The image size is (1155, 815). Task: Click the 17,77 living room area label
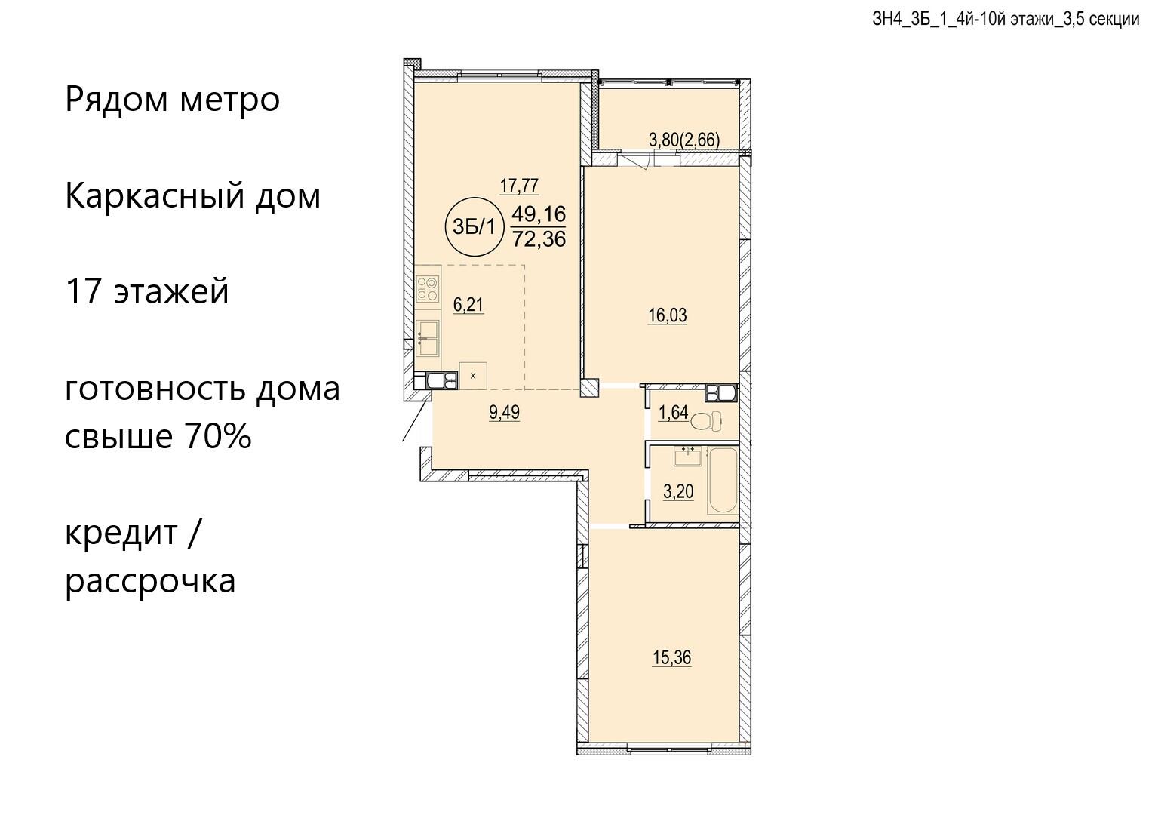519,185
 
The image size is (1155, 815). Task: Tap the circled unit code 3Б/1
473,227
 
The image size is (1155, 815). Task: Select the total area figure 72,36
539,238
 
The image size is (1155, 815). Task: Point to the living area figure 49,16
539,213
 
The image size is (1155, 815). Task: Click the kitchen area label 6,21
468,304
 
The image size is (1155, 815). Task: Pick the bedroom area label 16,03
667,315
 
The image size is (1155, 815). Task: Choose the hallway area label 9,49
504,412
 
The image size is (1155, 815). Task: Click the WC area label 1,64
674,412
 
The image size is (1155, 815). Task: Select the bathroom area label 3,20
678,491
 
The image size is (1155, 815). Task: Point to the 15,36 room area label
672,658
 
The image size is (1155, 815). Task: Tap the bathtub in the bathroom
723,481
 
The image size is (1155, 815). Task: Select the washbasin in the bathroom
688,457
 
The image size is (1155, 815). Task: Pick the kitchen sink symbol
428,338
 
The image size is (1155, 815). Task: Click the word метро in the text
229,100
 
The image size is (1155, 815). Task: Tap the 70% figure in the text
216,436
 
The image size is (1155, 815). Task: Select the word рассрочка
150,581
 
